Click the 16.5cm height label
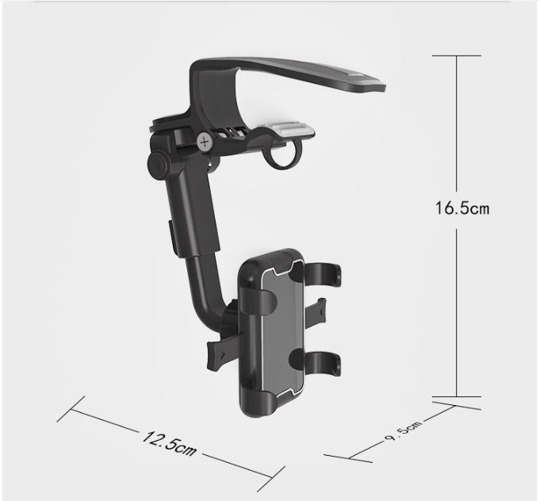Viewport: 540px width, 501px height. (461, 208)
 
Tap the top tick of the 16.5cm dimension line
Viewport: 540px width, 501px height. (457, 56)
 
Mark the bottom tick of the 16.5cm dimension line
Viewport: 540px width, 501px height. (457, 396)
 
